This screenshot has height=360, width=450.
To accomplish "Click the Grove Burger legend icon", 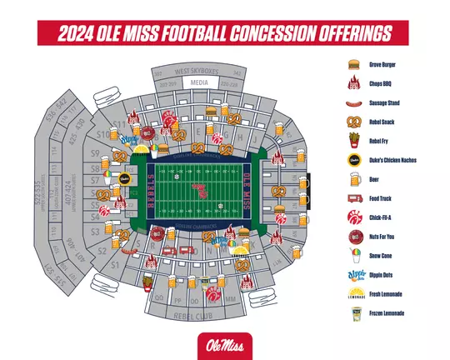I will tap(352, 63).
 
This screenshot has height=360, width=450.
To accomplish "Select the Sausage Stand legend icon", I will tap(352, 102).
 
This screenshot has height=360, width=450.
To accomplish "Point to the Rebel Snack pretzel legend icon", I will tap(352, 122).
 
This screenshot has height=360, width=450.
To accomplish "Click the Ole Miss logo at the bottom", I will tap(224, 342).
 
